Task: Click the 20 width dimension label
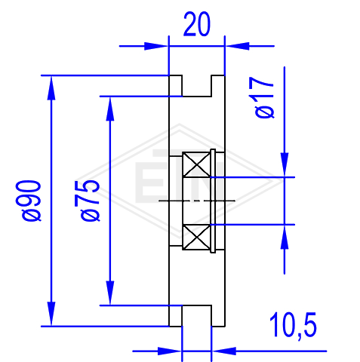[196, 24]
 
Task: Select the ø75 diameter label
[88, 201]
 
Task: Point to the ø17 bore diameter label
[264, 97]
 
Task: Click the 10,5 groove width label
[293, 326]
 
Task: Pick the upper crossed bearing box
[196, 164]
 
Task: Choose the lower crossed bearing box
[196, 237]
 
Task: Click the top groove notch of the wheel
[196, 86]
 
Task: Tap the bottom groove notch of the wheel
[196, 316]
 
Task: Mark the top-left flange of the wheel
[175, 86]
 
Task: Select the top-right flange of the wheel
[218, 86]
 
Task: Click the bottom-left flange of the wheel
[175, 316]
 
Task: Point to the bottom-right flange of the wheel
[218, 316]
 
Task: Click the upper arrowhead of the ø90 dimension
[51, 88]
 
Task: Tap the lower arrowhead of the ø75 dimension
[110, 293]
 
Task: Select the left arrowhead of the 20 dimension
[156, 46]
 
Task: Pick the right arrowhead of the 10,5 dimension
[224, 351]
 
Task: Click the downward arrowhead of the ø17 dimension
[285, 165]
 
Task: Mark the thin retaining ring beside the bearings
[213, 201]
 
